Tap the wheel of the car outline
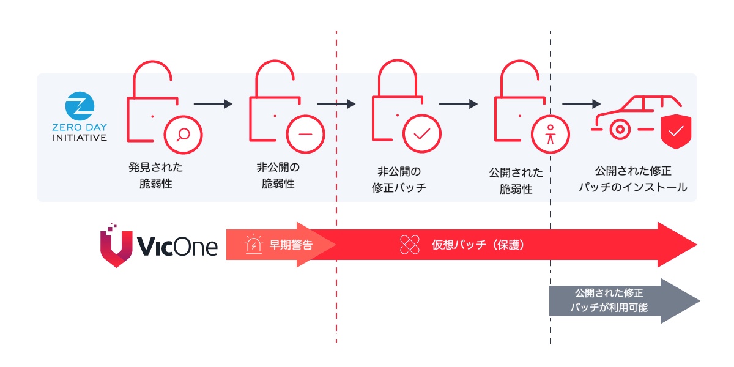[619, 129]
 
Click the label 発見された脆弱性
[155, 175]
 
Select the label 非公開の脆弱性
[278, 175]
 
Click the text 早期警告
[291, 245]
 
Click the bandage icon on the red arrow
[410, 245]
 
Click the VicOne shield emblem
[116, 246]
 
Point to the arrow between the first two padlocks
[213, 104]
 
